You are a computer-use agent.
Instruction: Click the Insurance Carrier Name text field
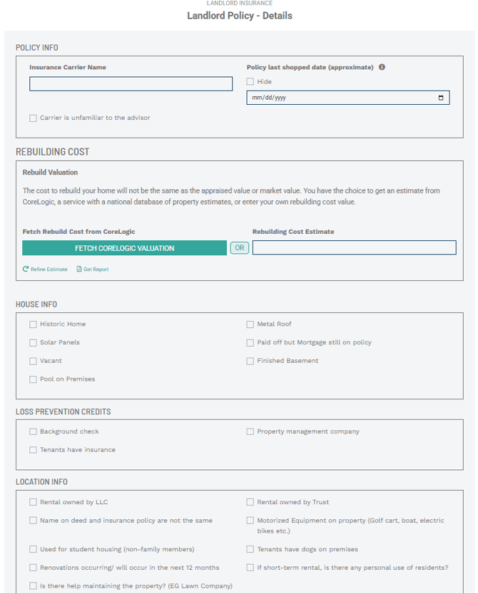(x=131, y=84)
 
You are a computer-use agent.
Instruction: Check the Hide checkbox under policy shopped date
(x=250, y=82)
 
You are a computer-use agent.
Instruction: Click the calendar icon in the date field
(x=441, y=98)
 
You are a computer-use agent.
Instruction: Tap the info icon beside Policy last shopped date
(x=382, y=68)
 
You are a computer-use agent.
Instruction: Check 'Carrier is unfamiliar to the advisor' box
(x=34, y=118)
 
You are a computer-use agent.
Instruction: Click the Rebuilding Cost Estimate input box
(x=354, y=247)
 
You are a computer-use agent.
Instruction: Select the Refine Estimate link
(x=46, y=270)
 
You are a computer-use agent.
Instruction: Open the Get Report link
(x=93, y=270)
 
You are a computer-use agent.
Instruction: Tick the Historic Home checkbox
(x=34, y=324)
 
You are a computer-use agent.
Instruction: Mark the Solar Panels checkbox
(x=34, y=343)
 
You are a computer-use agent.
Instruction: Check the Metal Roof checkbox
(x=250, y=324)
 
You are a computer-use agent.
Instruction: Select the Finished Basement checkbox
(x=250, y=362)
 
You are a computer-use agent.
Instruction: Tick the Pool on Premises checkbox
(x=34, y=379)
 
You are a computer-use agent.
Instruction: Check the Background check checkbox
(x=34, y=432)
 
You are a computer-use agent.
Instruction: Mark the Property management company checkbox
(x=250, y=432)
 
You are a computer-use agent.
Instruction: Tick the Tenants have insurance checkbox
(x=34, y=450)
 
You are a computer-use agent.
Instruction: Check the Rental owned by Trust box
(x=250, y=503)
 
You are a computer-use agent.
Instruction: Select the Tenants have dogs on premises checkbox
(x=250, y=550)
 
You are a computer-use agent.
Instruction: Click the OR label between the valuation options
(x=239, y=248)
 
